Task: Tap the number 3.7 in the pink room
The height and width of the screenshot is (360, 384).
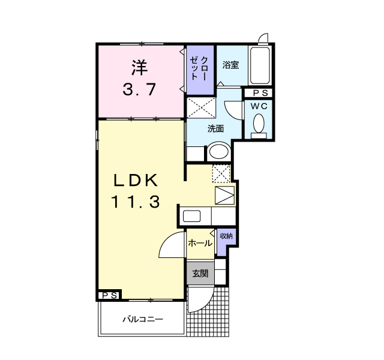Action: click(x=140, y=90)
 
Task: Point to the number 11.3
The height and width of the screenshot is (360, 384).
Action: click(x=135, y=203)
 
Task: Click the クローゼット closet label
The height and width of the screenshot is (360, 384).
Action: click(x=200, y=68)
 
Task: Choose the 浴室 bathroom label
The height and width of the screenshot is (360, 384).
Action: click(x=231, y=64)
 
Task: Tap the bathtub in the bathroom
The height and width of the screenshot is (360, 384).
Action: click(x=260, y=65)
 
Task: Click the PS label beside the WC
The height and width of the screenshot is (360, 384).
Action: click(x=260, y=93)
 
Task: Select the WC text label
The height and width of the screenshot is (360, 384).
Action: click(x=259, y=106)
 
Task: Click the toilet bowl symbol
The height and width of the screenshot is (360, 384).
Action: click(x=259, y=124)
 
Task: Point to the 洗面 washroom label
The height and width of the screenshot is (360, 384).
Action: click(x=215, y=128)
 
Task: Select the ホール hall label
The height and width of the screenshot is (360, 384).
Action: click(x=200, y=243)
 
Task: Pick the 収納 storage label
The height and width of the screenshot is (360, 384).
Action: click(x=226, y=236)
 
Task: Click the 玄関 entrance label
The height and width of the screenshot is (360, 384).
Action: click(x=200, y=274)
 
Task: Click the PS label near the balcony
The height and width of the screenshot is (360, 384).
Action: click(x=109, y=296)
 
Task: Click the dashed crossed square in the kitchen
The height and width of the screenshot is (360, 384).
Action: click(x=221, y=173)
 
